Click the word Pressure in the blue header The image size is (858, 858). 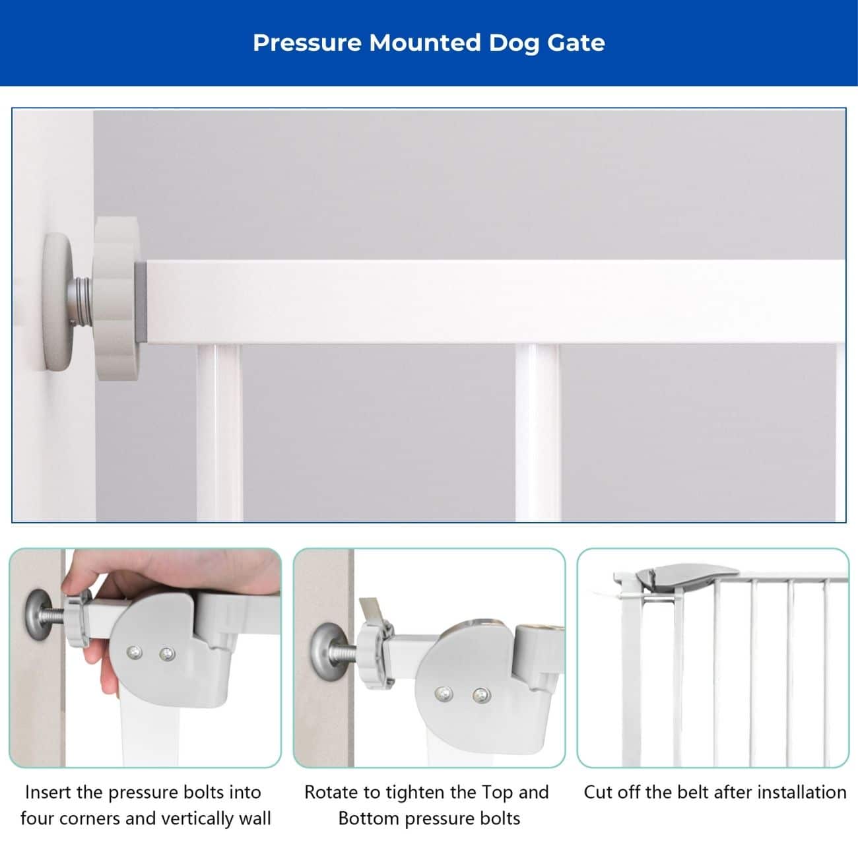[x=307, y=43]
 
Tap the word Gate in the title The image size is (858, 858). [x=576, y=43]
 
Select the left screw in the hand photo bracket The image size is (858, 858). [x=134, y=653]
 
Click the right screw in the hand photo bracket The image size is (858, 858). [x=167, y=654]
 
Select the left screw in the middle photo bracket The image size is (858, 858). [x=444, y=694]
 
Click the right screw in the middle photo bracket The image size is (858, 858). [x=481, y=695]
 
